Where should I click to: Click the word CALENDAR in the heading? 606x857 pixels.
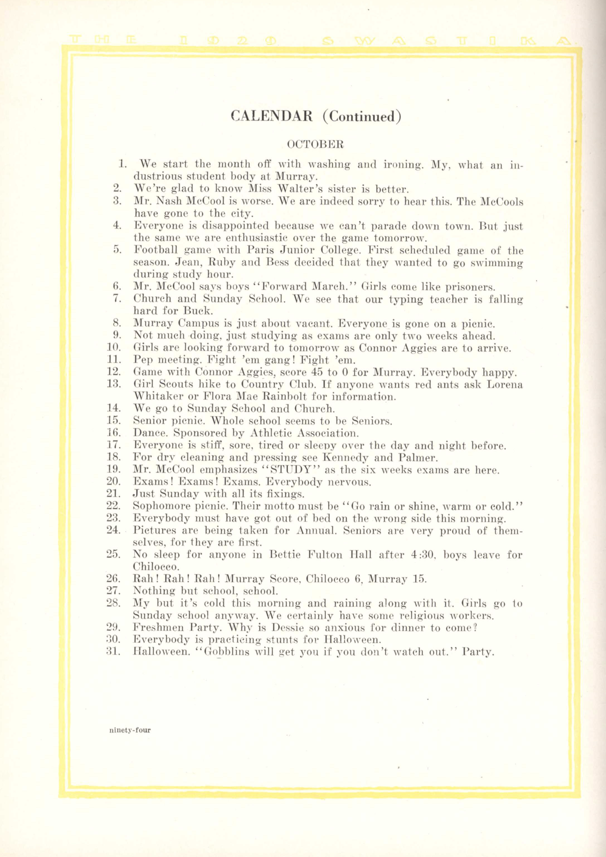272,116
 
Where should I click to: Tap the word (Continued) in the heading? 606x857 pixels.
362,116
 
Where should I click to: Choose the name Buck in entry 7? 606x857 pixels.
198,310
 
